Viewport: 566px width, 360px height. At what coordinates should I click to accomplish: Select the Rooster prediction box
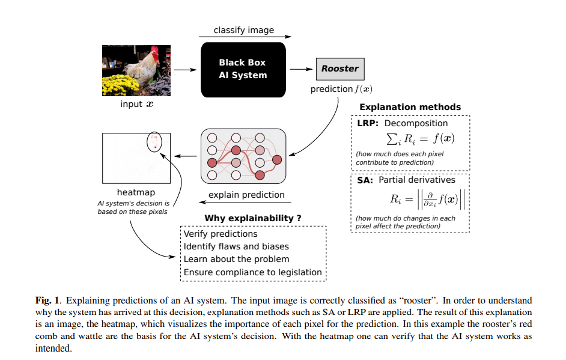[339, 69]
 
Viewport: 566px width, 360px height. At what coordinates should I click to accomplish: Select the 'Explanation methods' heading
[410, 107]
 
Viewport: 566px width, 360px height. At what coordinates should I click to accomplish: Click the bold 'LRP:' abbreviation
[367, 123]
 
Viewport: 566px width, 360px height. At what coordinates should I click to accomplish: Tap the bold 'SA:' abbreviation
[365, 180]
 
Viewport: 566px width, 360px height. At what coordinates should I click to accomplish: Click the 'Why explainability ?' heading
[253, 218]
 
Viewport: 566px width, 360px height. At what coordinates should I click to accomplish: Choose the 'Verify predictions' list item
[221, 234]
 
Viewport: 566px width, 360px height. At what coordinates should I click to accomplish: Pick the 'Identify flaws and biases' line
[236, 246]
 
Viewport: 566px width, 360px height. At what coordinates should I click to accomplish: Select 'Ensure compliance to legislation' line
[252, 272]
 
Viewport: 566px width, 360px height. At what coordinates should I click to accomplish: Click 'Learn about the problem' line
[236, 259]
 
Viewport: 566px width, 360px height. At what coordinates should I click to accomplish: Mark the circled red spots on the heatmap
[154, 142]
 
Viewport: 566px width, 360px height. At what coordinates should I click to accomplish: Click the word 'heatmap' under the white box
[135, 192]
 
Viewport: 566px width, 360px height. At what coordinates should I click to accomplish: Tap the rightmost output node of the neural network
[277, 159]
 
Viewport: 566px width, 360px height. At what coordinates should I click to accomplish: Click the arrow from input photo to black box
[186, 69]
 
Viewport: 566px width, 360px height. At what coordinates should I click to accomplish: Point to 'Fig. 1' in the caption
[46, 300]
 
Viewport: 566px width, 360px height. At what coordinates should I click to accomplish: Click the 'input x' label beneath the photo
[136, 104]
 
